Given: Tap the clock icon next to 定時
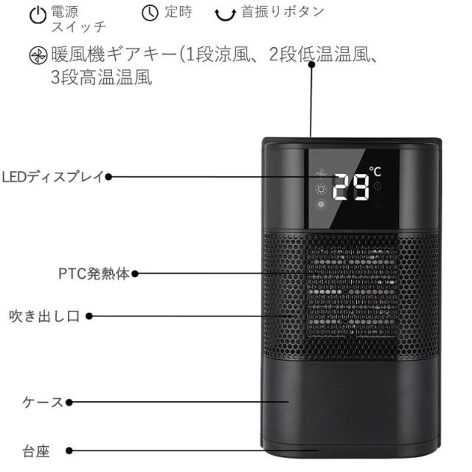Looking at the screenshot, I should [x=150, y=13].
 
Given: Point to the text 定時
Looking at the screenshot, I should [x=178, y=13].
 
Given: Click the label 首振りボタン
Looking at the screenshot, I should [x=267, y=13].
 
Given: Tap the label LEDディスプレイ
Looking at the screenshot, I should [x=52, y=177].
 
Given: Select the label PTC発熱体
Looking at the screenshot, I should [x=94, y=274].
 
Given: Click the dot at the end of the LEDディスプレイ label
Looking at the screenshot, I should [x=108, y=177].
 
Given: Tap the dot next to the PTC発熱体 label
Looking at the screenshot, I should [x=134, y=274].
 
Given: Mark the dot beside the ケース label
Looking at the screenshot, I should [x=69, y=403].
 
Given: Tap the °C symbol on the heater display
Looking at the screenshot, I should [x=375, y=171].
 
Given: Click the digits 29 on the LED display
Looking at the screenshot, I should [x=350, y=189].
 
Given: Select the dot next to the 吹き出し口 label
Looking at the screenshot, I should [x=90, y=316].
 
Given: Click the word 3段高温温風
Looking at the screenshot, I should [x=102, y=78].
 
